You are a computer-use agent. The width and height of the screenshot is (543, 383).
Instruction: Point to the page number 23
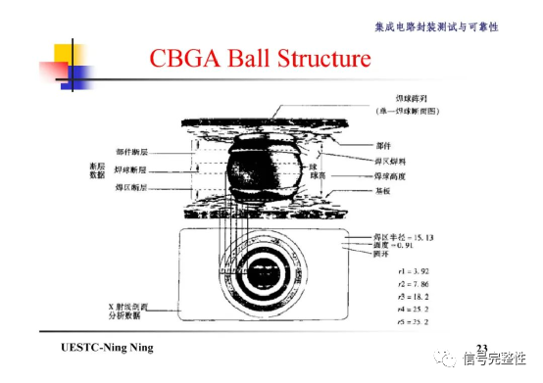481,349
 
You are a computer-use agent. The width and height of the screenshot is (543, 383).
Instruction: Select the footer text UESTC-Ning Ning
107,350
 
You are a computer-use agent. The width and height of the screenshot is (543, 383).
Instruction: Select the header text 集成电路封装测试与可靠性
436,26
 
